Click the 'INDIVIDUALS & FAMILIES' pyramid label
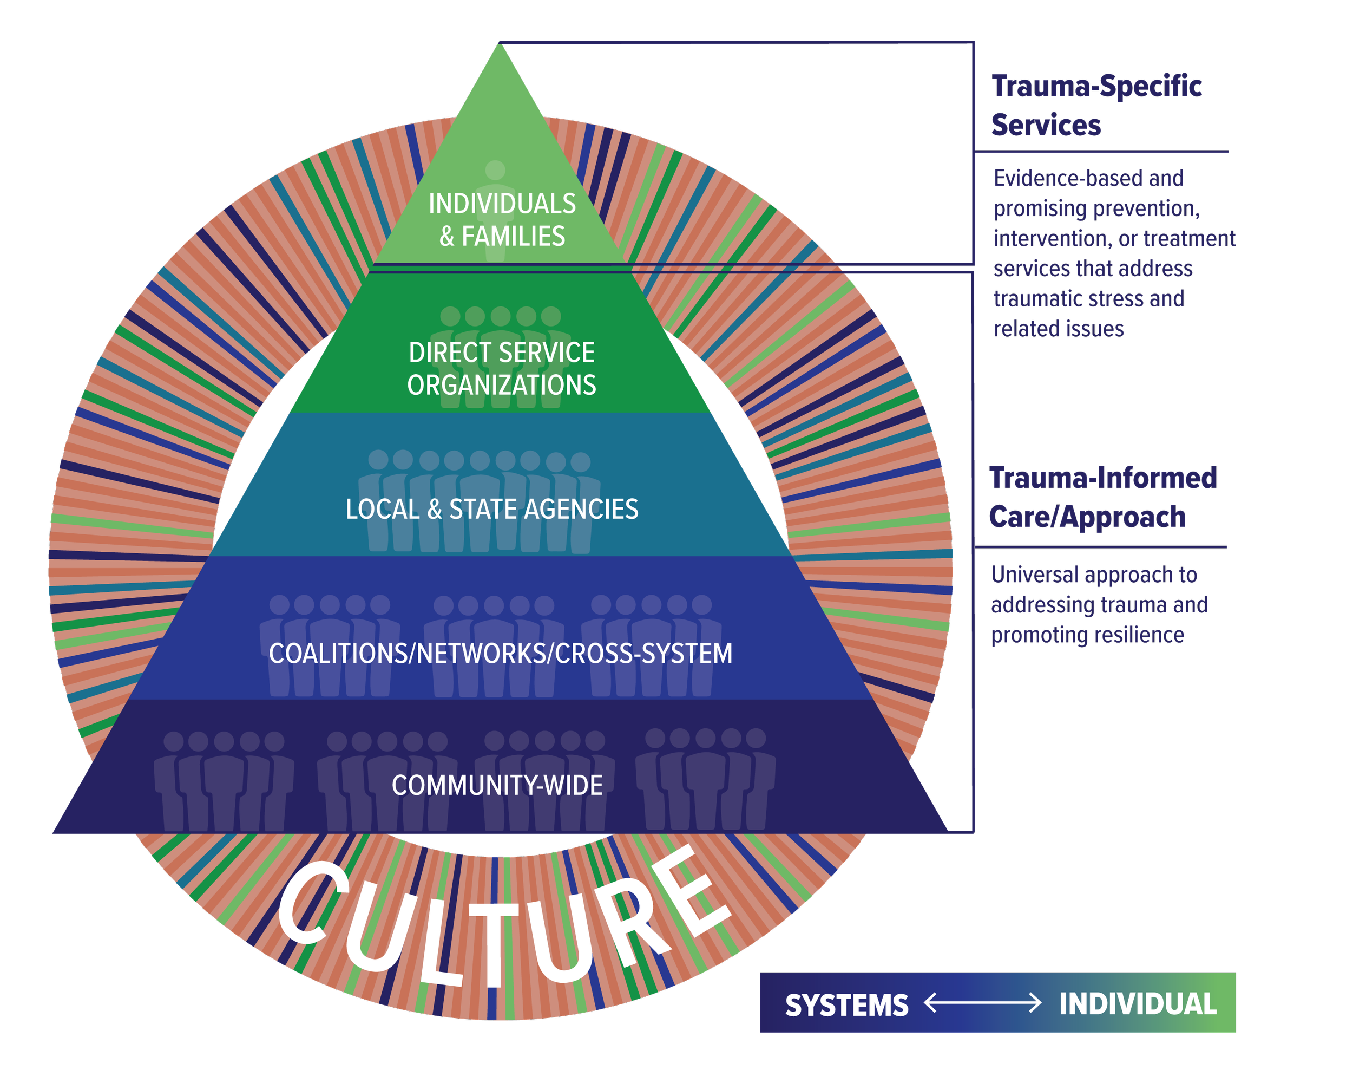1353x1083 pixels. pos(502,220)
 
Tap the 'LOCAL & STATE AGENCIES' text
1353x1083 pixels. pos(492,509)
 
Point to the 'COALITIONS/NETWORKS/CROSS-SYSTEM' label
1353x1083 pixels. pos(500,654)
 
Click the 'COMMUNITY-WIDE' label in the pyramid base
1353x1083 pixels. pos(497,785)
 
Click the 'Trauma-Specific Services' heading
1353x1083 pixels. pos(1096,105)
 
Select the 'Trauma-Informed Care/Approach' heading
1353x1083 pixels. pos(1102,497)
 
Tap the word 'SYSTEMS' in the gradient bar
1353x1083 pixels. pos(846,1005)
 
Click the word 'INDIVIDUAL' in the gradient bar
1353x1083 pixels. pos(1138,1004)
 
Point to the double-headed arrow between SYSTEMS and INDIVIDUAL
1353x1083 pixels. pos(983,1003)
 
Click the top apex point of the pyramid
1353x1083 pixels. pos(500,43)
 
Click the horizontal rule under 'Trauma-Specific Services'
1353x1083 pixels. pos(1101,151)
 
